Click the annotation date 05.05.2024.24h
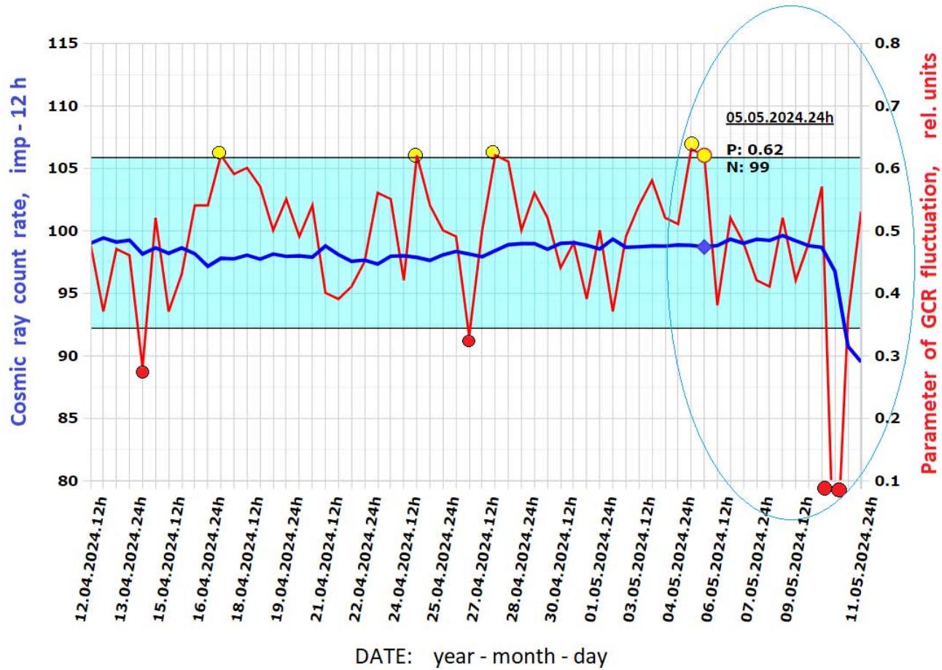tap(779, 117)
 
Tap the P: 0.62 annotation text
tap(754, 150)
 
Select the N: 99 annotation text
tap(747, 166)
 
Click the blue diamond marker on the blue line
tap(704, 247)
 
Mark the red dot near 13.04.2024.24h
tap(142, 372)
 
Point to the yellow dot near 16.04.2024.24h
tap(219, 152)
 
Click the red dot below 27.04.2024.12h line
tap(469, 340)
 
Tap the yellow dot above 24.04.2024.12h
tap(416, 155)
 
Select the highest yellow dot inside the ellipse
tap(692, 144)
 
